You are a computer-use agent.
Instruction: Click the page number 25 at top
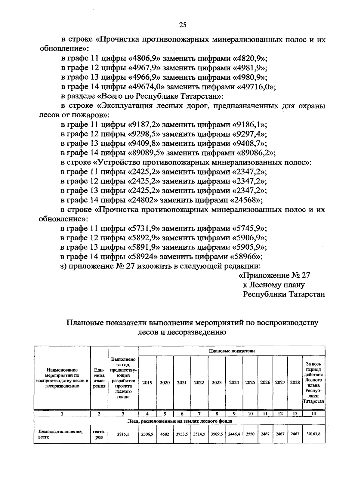pos(183,25)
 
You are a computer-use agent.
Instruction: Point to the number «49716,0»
pos(256,87)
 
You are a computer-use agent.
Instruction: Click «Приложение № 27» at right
pos(274,276)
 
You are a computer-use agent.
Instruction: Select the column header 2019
pos(147,383)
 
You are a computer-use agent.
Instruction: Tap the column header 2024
pos(234,383)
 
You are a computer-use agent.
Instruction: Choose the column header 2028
pos(295,383)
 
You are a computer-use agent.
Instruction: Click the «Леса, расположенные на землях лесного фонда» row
pos(179,421)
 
